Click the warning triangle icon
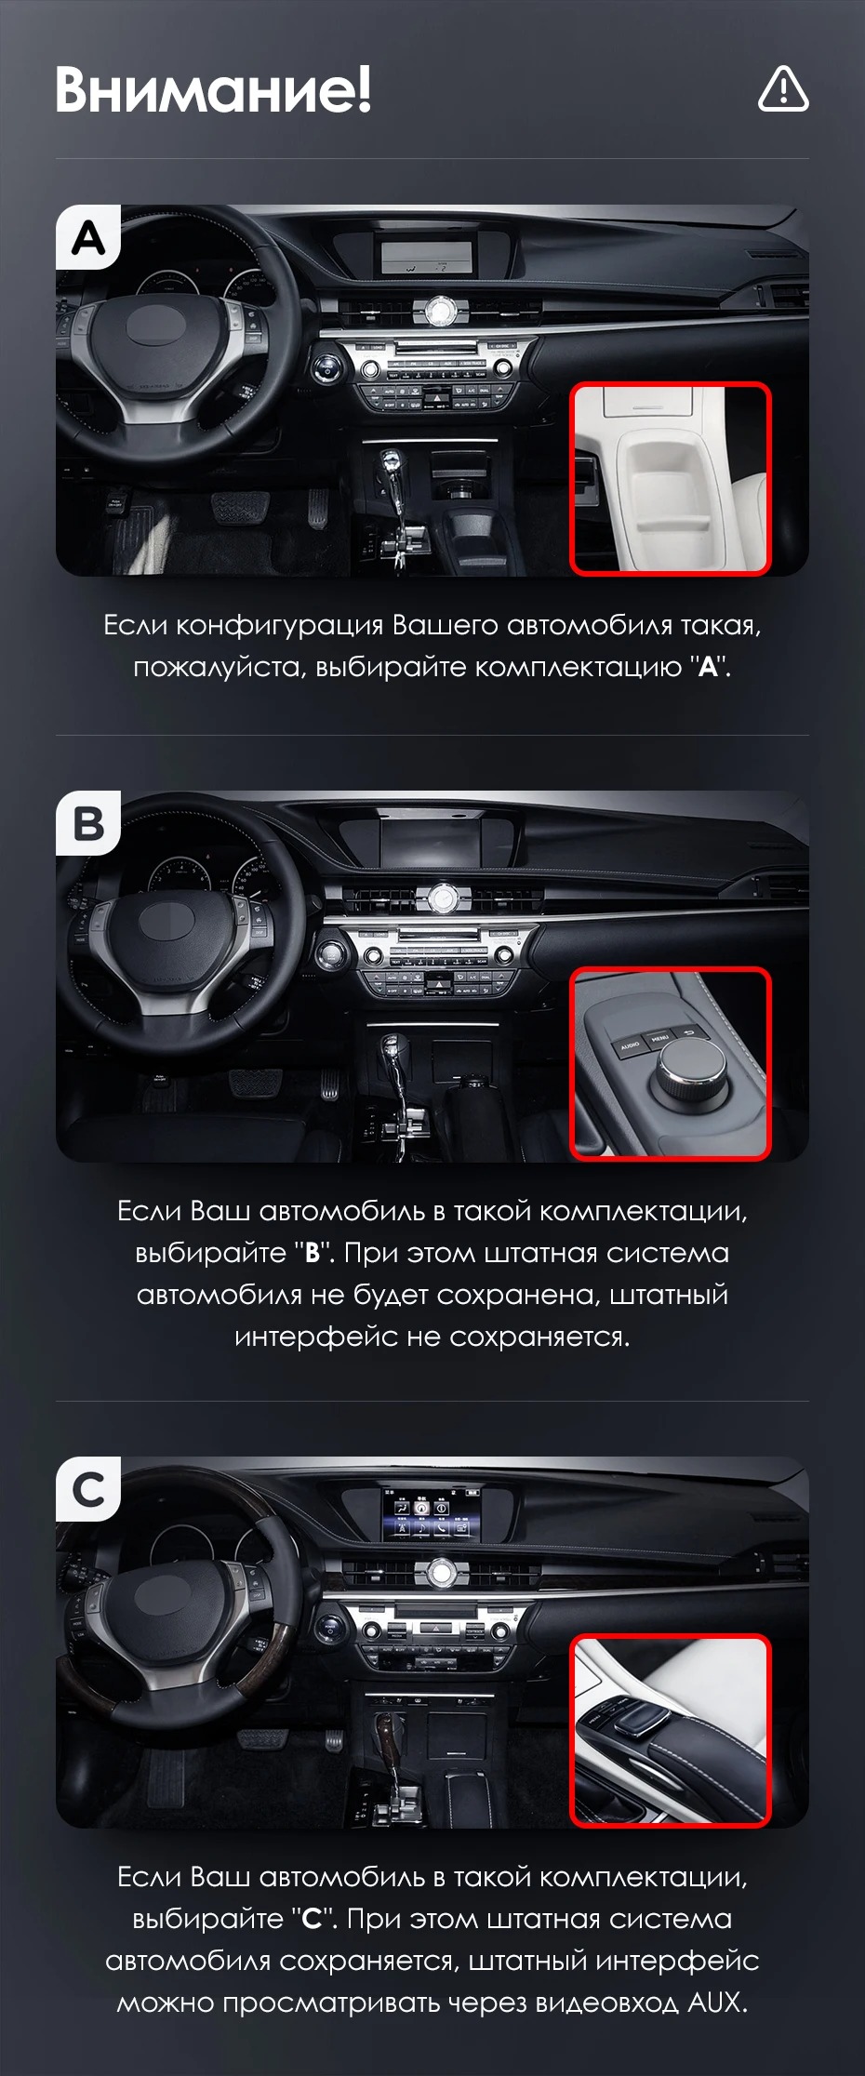pos(783,89)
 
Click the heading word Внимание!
pos(213,89)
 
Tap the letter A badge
pos(88,238)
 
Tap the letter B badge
pos(88,823)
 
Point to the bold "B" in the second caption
pos(313,1253)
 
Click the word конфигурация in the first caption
pos(280,626)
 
